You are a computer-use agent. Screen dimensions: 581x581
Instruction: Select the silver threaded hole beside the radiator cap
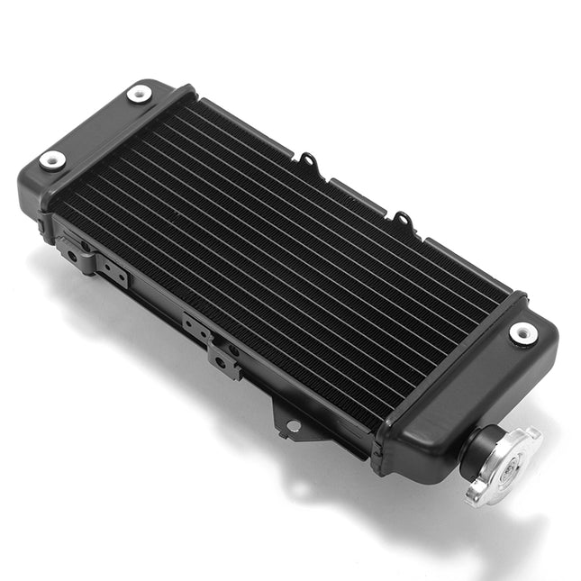522,332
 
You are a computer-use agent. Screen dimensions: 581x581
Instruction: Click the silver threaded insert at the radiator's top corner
139,93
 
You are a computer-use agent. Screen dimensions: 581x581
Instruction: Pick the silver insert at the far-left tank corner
52,161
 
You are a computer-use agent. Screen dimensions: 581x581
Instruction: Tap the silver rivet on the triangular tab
291,425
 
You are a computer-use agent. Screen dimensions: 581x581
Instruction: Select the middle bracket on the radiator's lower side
212,342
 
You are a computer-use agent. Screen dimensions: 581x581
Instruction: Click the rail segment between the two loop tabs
356,189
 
